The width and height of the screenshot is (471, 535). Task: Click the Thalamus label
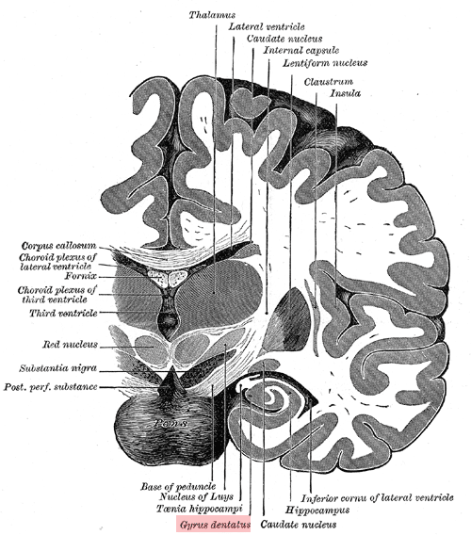(212, 15)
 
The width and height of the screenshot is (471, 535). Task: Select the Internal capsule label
(301, 51)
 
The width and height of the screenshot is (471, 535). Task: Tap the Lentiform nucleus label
(325, 63)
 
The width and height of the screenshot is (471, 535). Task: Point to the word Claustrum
(329, 82)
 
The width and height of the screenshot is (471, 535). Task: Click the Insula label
(346, 93)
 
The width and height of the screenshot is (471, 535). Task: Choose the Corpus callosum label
(58, 246)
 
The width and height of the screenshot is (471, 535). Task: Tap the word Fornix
(81, 276)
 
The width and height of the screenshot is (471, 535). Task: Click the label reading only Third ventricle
(63, 313)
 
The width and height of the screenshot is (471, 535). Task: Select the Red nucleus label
(70, 345)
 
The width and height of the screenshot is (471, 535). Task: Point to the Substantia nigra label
(58, 368)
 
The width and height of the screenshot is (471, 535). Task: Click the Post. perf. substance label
(51, 387)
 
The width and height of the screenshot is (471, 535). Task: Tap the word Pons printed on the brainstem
(171, 423)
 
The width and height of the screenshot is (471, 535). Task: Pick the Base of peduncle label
(178, 486)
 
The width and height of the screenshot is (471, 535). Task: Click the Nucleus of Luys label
(197, 496)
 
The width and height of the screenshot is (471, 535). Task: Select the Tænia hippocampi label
(200, 509)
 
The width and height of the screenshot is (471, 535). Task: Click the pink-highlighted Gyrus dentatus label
(213, 524)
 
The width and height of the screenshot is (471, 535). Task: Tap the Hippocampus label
(317, 511)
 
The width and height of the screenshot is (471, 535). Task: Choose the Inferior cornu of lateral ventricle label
(377, 498)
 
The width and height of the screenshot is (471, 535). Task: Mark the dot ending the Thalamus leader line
(214, 292)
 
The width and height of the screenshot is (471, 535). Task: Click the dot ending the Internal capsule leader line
(267, 312)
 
